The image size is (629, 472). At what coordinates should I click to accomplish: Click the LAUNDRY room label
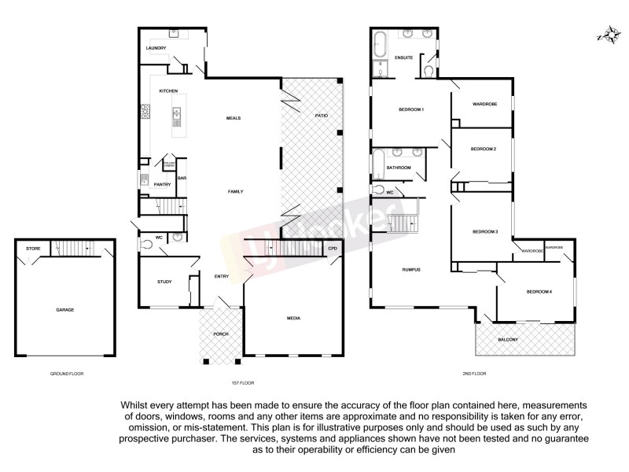[156, 48]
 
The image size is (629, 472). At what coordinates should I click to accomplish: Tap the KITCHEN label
[168, 90]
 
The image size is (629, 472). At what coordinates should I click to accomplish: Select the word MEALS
[233, 118]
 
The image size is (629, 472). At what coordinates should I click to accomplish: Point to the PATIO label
[321, 116]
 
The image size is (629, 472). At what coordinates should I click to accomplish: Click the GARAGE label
[64, 310]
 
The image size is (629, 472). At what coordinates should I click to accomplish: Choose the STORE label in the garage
[32, 249]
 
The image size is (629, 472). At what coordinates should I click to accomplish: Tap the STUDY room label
[164, 281]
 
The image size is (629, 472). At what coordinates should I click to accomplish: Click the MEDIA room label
[293, 318]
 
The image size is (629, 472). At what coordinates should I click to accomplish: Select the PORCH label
[221, 334]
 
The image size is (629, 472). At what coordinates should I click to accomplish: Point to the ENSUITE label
[404, 57]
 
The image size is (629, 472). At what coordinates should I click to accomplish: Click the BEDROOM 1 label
[411, 109]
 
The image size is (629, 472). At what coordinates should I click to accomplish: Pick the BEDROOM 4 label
[539, 292]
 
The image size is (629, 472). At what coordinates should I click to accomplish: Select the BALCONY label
[508, 339]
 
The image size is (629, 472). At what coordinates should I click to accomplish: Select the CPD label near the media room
[333, 249]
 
